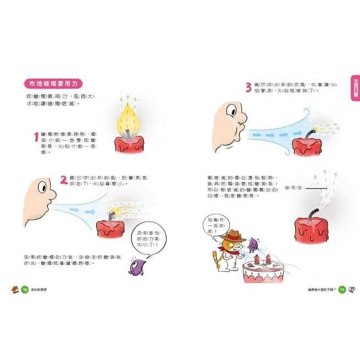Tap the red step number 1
click(x=36, y=137)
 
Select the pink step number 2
click(x=64, y=179)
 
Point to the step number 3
click(x=248, y=86)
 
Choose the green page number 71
click(x=341, y=289)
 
